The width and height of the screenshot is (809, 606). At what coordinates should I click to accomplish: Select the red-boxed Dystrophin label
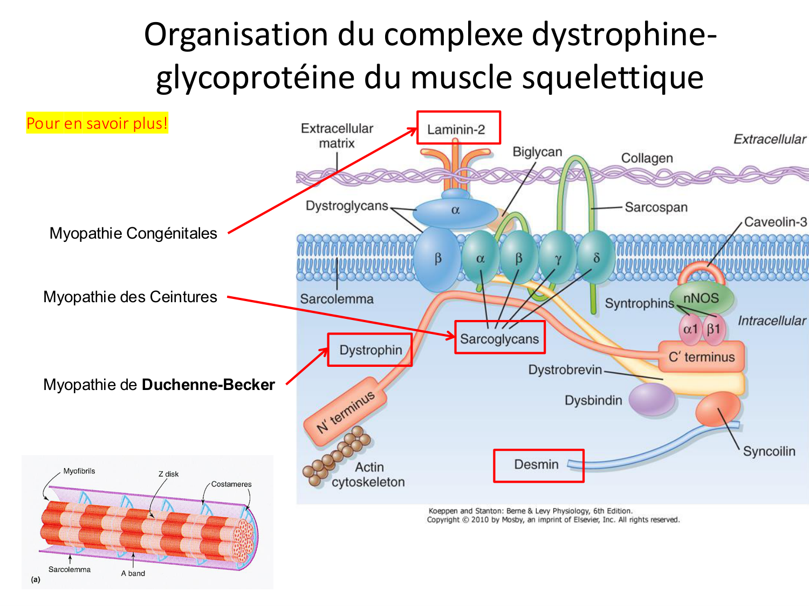(x=370, y=350)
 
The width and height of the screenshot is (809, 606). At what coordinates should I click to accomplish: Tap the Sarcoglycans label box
(x=499, y=338)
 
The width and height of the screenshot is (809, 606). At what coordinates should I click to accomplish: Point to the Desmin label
(x=537, y=465)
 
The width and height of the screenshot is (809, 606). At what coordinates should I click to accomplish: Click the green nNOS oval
(x=702, y=298)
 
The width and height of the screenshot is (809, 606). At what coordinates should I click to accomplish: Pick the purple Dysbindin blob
(x=652, y=400)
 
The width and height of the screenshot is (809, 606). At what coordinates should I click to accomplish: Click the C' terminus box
(x=701, y=357)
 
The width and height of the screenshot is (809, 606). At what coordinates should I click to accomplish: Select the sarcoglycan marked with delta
(x=596, y=258)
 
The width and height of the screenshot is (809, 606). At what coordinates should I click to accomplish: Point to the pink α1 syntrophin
(x=690, y=329)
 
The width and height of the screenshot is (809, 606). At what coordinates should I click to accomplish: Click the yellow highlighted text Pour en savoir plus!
(x=97, y=123)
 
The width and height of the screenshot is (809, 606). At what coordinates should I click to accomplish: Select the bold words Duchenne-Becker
(x=208, y=385)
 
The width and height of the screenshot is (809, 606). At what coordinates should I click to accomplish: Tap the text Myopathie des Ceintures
(x=130, y=297)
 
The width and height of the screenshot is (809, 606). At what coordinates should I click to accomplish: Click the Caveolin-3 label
(x=775, y=222)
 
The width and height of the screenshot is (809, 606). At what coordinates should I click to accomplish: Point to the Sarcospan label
(x=656, y=207)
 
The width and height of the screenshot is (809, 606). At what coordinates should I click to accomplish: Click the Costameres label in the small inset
(x=231, y=484)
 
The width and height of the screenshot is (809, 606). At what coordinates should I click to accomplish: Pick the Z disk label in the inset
(x=168, y=474)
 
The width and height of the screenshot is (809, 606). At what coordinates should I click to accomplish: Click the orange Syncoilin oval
(x=718, y=409)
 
